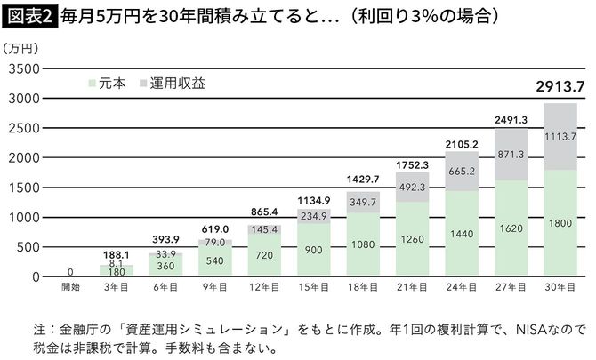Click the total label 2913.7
tap(559, 87)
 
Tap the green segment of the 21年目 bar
tap(411, 240)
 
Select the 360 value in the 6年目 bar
tap(165, 265)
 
